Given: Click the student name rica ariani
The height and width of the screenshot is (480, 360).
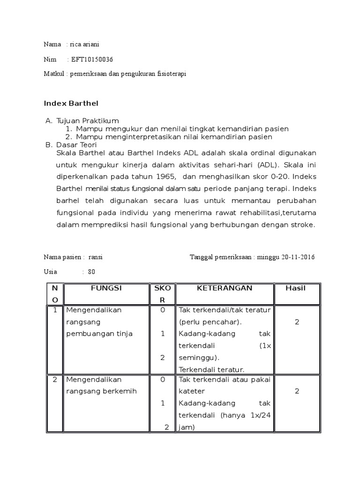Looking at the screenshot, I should [x=84, y=44].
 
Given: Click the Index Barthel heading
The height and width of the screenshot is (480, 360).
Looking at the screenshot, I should [x=71, y=103].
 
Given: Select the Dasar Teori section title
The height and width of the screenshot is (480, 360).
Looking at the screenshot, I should [x=76, y=145].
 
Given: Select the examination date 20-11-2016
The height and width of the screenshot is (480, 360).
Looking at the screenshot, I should [x=298, y=257].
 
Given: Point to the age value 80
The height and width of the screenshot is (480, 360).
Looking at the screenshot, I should [x=91, y=272].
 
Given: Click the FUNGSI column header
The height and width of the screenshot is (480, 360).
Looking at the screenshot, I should [x=106, y=288].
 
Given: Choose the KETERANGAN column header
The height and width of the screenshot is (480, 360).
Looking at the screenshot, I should [x=225, y=288].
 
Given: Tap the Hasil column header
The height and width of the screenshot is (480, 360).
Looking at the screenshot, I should [x=295, y=288].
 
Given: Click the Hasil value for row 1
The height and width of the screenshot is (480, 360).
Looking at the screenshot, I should [x=296, y=322].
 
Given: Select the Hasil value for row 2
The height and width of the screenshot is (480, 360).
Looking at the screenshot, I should [x=296, y=391].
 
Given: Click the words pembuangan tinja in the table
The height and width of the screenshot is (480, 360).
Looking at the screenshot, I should [x=99, y=334].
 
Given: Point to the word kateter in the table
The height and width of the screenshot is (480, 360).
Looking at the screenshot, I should [x=191, y=391].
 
